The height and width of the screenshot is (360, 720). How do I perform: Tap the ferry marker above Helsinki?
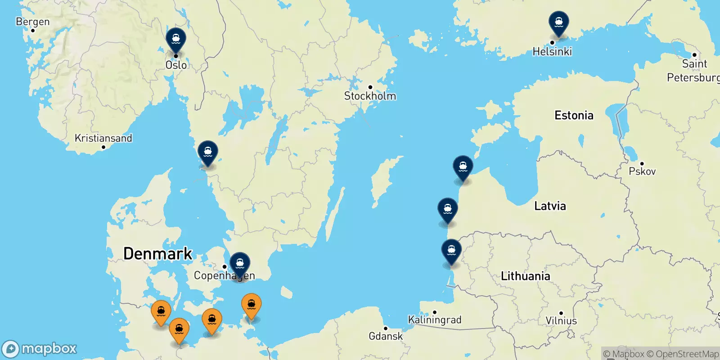(x=558, y=22)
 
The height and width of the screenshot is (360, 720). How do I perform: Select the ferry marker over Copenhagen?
(x=240, y=264)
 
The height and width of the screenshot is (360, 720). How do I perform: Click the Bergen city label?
(x=32, y=22)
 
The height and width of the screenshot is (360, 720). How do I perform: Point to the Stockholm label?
(x=370, y=96)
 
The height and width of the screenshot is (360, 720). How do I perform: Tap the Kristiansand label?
(x=103, y=138)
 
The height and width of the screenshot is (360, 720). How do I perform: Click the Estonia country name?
(x=574, y=115)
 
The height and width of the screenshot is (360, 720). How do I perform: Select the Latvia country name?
(x=550, y=206)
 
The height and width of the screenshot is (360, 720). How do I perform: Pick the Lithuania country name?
(x=525, y=276)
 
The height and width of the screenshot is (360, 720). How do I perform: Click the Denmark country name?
(x=157, y=253)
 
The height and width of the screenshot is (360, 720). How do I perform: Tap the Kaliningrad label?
(x=435, y=320)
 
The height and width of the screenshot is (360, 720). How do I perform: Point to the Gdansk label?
(x=386, y=336)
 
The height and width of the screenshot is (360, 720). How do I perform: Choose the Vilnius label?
(x=561, y=321)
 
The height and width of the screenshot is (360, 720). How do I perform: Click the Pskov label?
(x=642, y=171)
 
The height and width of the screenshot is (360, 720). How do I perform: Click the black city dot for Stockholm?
(x=370, y=87)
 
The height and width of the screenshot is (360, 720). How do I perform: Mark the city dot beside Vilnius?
(x=561, y=313)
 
